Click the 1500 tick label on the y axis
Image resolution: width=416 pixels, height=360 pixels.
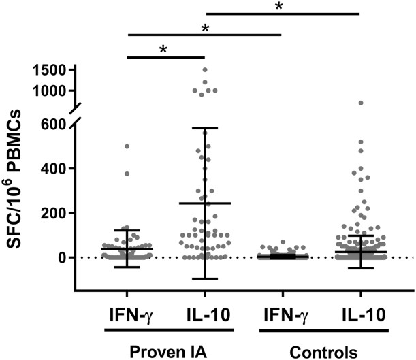tap(48, 69)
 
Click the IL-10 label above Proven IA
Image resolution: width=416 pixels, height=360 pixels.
tap(204, 314)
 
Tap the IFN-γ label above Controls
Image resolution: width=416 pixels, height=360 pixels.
tap(281, 314)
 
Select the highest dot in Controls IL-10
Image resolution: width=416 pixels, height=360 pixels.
tap(360, 103)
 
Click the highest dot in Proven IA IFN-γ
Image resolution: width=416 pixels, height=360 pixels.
tap(127, 146)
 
